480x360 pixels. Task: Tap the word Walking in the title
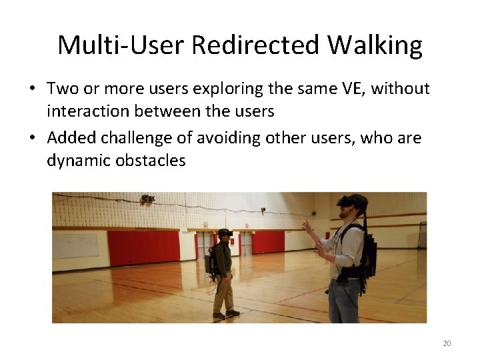tap(375, 45)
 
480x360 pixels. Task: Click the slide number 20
tap(447, 343)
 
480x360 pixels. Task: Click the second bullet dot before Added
tap(33, 139)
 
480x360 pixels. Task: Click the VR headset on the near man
tap(351, 201)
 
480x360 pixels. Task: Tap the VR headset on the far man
tap(224, 233)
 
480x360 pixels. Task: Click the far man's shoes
tap(225, 313)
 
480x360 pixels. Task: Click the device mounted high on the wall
tap(147, 199)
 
